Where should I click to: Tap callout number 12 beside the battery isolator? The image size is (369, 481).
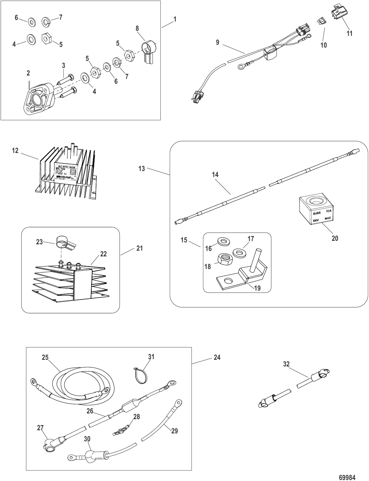pos(16,151)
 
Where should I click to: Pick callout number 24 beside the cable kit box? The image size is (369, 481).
pos(217,357)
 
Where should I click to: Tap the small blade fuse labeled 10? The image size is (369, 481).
pos(320,22)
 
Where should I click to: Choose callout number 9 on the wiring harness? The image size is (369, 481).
pos(217,42)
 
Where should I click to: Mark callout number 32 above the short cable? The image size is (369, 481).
pos(286,364)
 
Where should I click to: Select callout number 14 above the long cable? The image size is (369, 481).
pos(215,175)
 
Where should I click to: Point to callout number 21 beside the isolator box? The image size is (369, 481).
pos(139,248)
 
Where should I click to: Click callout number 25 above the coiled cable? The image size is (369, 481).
pos(45,357)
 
